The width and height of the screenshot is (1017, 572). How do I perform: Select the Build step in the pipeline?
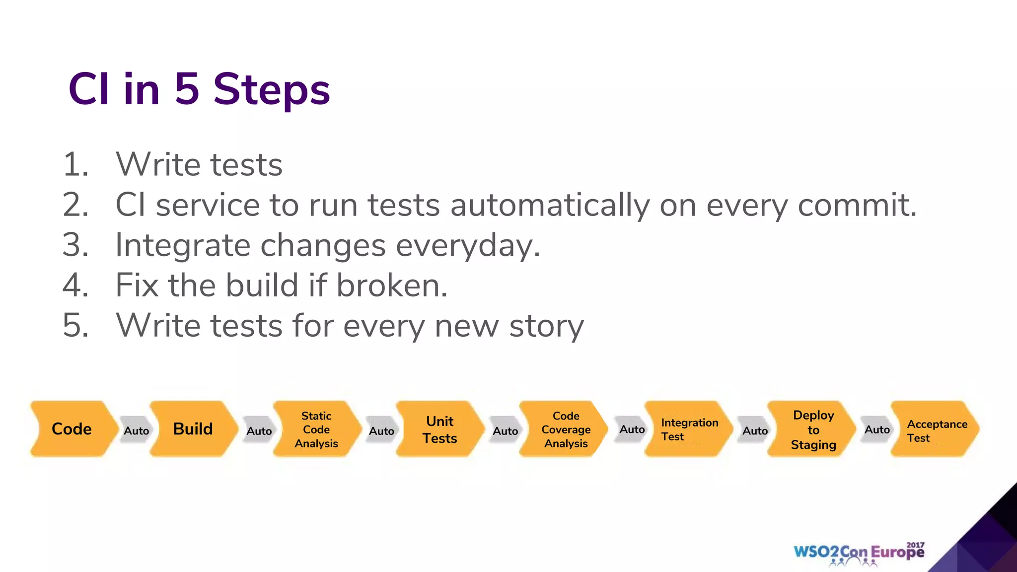[193, 429]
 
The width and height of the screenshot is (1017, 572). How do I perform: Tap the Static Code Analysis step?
[316, 429]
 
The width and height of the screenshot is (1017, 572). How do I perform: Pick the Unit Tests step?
[439, 429]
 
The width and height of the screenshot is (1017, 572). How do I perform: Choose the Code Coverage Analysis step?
[566, 429]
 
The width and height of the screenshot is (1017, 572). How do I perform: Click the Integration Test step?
[689, 429]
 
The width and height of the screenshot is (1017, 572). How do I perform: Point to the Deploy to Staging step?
[813, 429]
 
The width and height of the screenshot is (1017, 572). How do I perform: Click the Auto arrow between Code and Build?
[136, 430]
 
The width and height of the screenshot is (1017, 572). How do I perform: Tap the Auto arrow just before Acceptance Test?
[877, 429]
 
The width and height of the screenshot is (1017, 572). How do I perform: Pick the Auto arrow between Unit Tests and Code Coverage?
[505, 430]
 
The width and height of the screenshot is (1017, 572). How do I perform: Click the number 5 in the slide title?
[187, 89]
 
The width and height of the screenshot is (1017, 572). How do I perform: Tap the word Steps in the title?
[272, 90]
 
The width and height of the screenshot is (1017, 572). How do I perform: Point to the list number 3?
[75, 245]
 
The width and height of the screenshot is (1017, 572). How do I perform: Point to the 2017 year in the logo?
[915, 545]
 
